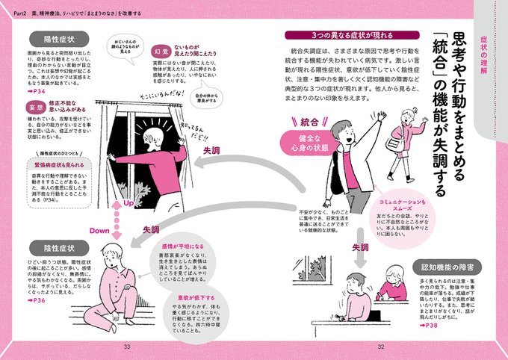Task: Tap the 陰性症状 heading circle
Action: (58, 247)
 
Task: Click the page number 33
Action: (127, 345)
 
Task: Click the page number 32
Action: (380, 345)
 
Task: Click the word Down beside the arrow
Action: (100, 231)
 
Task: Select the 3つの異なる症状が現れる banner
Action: (333, 36)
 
